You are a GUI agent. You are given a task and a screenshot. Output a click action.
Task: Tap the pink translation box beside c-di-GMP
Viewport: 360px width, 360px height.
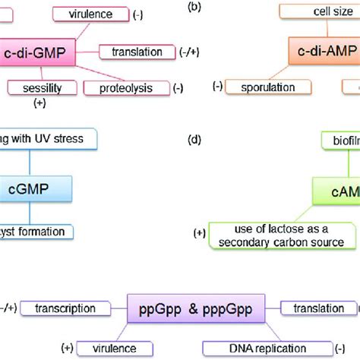[137, 52]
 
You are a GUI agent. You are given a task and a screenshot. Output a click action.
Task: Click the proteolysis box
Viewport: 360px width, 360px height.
[125, 88]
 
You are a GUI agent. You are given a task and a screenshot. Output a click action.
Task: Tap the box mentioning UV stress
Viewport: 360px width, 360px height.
[46, 139]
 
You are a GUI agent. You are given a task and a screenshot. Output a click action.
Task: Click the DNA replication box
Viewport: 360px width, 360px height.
[251, 346]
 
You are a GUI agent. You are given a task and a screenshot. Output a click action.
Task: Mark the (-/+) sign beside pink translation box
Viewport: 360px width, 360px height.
[190, 52]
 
